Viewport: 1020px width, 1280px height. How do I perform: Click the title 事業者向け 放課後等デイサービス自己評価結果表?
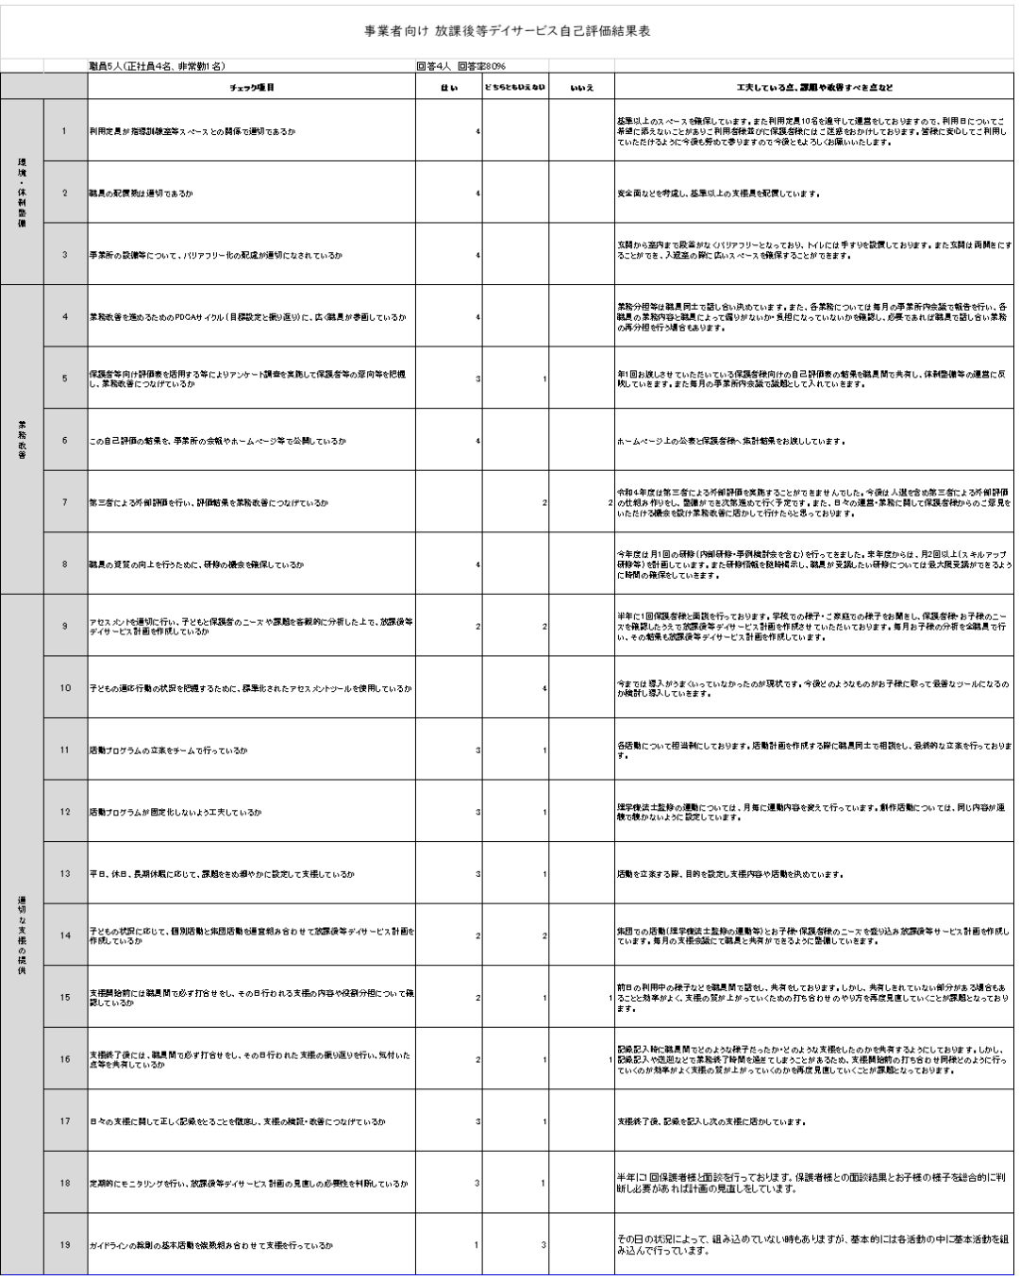pyautogui.click(x=509, y=30)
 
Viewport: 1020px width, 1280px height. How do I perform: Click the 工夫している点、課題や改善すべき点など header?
pyautogui.click(x=815, y=88)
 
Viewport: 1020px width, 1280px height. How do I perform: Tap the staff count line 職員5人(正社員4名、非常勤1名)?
pyautogui.click(x=156, y=67)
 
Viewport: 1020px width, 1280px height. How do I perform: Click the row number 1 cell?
pyautogui.click(x=65, y=130)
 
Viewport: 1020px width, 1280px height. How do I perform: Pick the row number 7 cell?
pyautogui.click(x=65, y=502)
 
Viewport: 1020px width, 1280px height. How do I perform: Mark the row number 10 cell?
pyautogui.click(x=65, y=688)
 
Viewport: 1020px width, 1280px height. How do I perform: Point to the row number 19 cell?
pyautogui.click(x=65, y=1245)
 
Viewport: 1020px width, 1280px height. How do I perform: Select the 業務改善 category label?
pyautogui.click(x=22, y=440)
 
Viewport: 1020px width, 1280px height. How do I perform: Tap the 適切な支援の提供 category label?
pyautogui.click(x=22, y=935)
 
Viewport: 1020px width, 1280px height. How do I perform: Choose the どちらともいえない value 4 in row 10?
pyautogui.click(x=544, y=688)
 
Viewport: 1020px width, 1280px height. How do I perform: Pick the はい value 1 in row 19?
pyautogui.click(x=477, y=1245)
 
